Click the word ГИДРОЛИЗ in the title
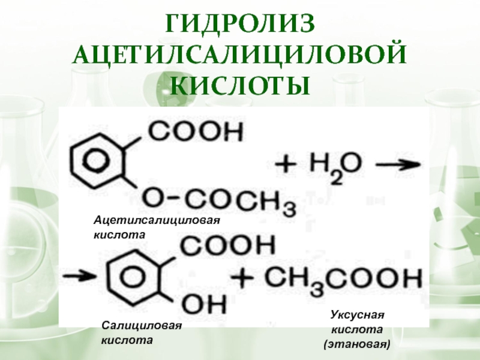(x=240, y=26)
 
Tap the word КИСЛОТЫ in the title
(x=240, y=86)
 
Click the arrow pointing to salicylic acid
(x=80, y=277)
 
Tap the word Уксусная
(x=357, y=315)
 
